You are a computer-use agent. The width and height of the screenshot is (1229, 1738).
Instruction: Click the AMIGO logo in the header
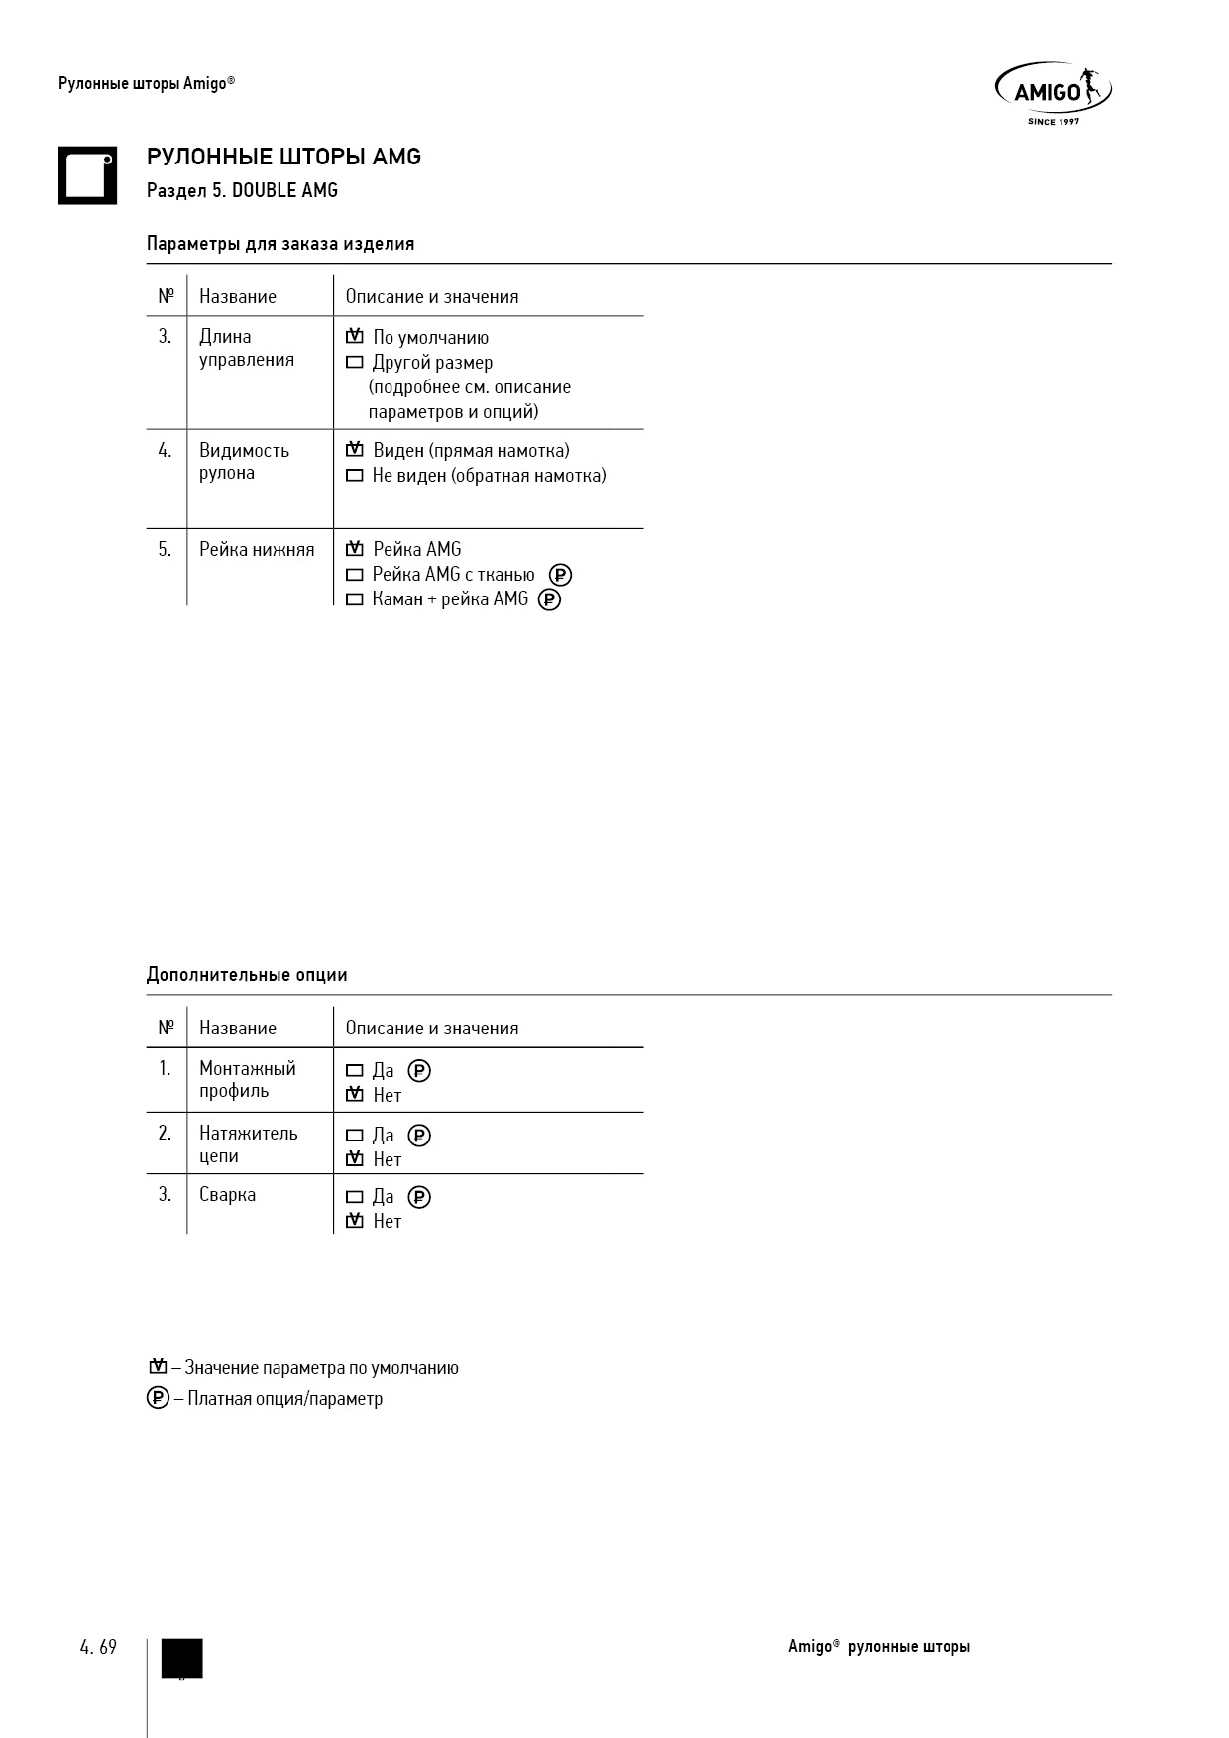(x=1053, y=93)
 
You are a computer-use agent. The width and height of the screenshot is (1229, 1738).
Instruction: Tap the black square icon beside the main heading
(x=87, y=175)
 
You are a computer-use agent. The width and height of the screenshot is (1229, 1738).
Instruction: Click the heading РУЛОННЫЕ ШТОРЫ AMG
(x=283, y=157)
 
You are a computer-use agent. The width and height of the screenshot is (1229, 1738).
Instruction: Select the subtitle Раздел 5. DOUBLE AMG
(x=242, y=190)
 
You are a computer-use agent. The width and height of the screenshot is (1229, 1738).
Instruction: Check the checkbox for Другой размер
(x=354, y=363)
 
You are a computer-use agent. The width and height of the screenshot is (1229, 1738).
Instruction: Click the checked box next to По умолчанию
(x=354, y=338)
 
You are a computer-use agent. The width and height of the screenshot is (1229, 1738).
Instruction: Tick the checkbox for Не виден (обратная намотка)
(x=354, y=476)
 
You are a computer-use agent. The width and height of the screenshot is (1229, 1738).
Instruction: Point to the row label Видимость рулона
(x=244, y=462)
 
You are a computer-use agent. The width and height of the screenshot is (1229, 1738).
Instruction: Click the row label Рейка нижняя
(x=257, y=550)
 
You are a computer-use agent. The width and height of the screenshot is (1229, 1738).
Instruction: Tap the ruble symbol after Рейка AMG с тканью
(x=560, y=575)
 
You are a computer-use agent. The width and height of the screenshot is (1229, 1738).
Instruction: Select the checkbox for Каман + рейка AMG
(x=354, y=599)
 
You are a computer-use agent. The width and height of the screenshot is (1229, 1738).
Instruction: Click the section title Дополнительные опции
(x=247, y=975)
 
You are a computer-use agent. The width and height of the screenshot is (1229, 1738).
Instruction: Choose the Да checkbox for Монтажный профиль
(x=354, y=1071)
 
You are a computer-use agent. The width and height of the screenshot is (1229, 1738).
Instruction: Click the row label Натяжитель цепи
(x=248, y=1144)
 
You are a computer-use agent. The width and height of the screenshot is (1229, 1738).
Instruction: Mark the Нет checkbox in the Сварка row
(x=354, y=1222)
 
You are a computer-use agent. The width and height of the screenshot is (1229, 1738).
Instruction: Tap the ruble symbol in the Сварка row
(x=419, y=1197)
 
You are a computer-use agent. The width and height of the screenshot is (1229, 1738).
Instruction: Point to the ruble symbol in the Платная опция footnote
(x=158, y=1399)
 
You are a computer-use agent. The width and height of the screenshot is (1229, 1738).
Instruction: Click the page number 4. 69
(x=98, y=1647)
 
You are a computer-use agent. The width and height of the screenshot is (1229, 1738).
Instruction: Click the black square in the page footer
(x=181, y=1658)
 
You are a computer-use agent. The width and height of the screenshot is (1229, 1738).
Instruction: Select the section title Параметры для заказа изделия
(x=280, y=244)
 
